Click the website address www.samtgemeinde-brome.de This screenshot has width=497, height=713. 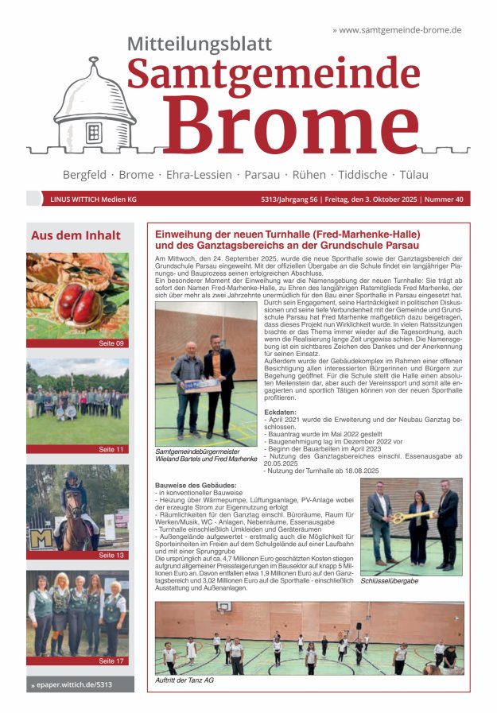[x=400, y=29]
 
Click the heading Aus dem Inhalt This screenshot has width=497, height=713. [x=76, y=235]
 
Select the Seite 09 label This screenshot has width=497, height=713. [x=111, y=343]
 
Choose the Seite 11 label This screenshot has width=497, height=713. [x=111, y=449]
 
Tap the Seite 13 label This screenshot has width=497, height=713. [x=111, y=555]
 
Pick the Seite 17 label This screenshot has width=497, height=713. [x=111, y=661]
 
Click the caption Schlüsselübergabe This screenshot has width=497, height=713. [x=390, y=581]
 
